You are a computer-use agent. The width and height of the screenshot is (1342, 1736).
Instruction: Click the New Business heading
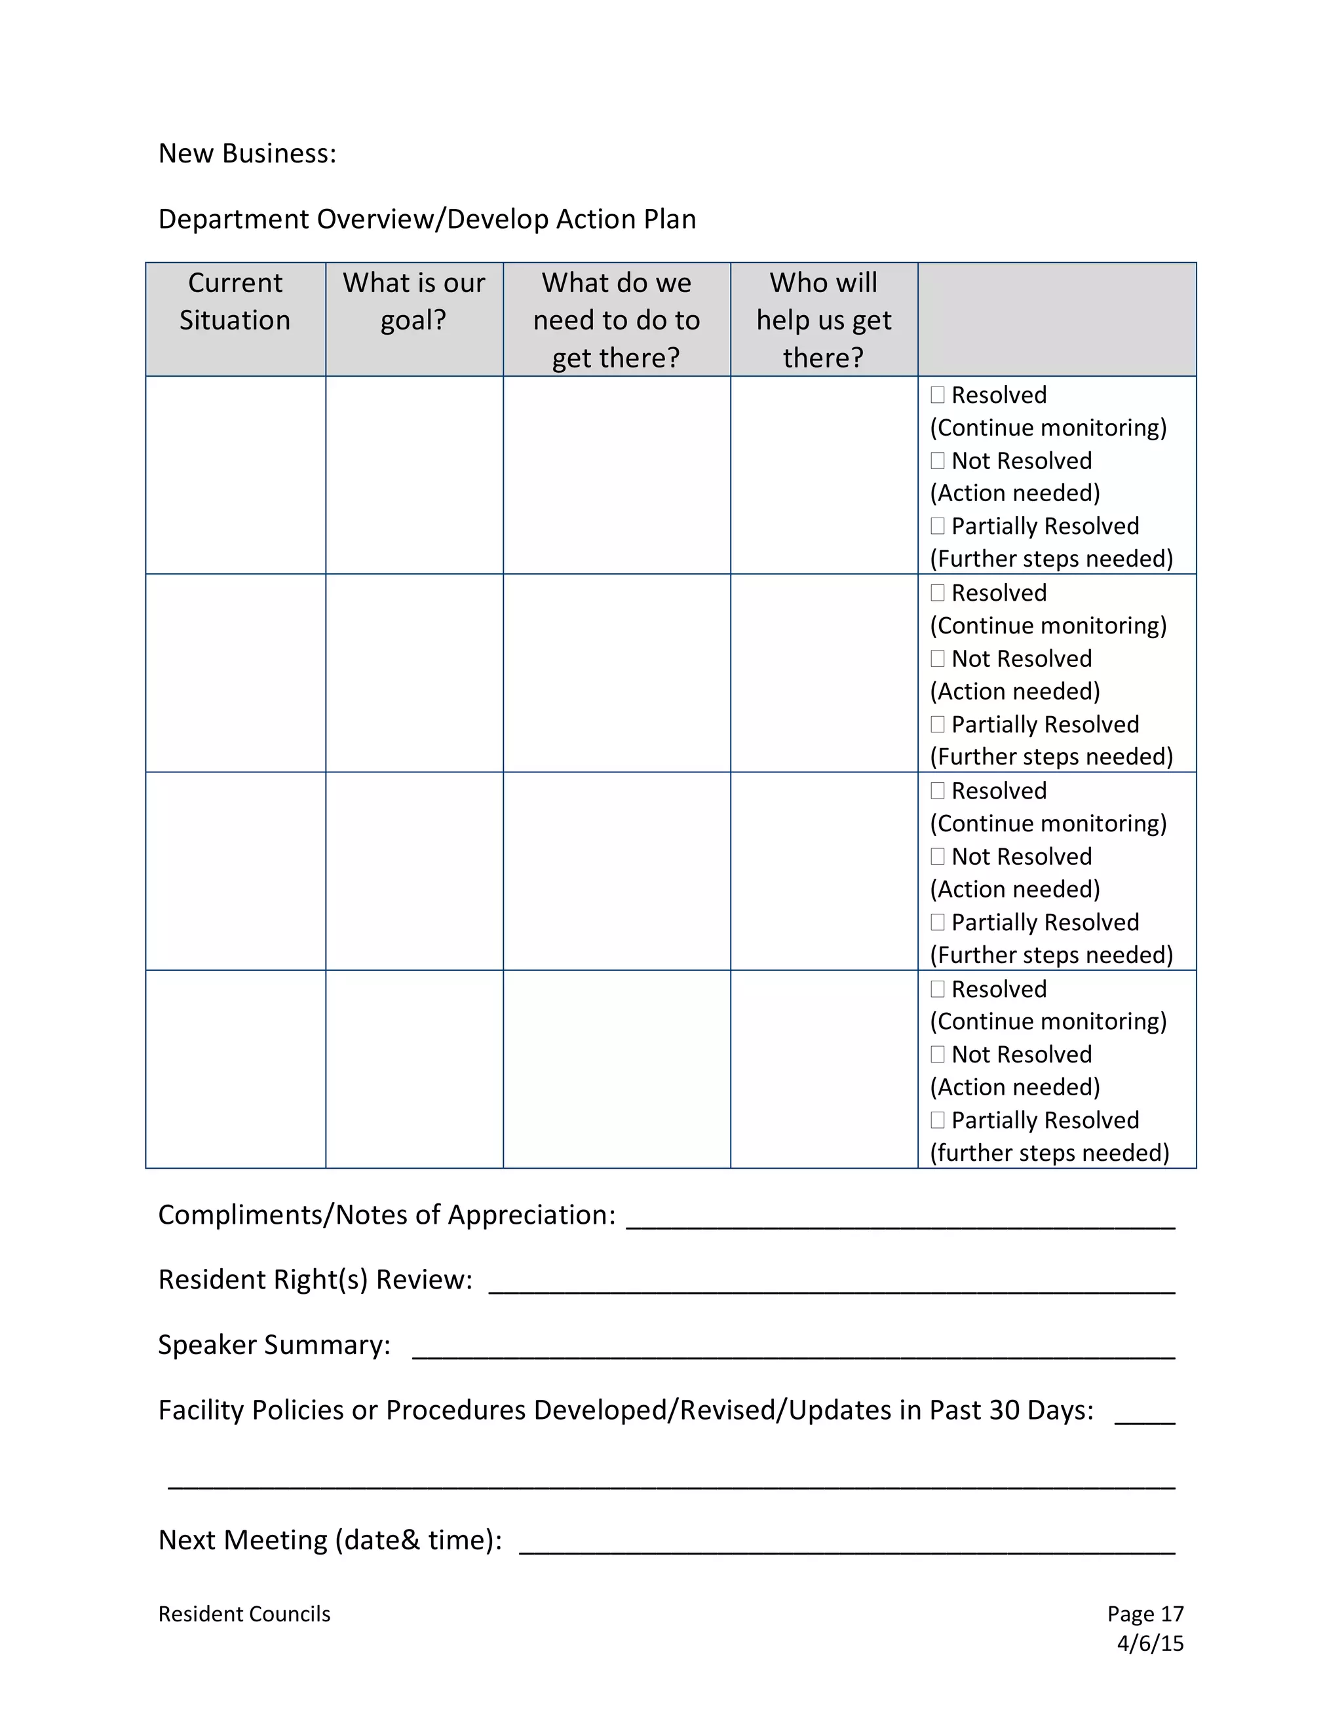coord(247,153)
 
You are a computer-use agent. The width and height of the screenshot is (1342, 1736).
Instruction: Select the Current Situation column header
coord(235,301)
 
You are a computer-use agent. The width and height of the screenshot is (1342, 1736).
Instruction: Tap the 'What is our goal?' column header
coord(413,301)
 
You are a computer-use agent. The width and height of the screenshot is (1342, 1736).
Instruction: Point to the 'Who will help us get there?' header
coord(824,320)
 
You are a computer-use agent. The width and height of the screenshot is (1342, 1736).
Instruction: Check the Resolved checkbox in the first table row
coord(937,395)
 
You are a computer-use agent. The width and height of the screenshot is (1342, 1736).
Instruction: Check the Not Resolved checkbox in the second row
coord(937,658)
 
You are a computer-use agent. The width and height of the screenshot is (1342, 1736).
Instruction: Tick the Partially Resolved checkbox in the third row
coord(937,922)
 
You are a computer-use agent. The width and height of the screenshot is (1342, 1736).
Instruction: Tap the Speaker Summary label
coord(275,1345)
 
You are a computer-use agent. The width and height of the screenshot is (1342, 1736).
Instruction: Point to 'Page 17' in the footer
coord(1145,1614)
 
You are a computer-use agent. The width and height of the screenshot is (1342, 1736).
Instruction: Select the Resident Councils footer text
coord(244,1614)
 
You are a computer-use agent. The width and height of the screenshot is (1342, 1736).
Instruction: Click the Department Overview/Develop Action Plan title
coord(427,219)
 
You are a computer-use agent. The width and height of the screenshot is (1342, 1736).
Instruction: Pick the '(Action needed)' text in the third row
coord(1015,890)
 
